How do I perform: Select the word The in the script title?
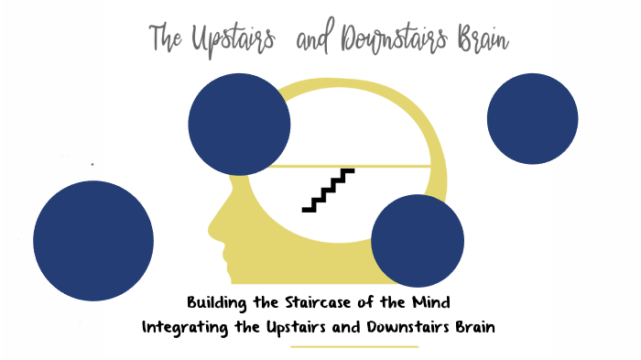(x=167, y=39)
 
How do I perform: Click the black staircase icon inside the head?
(x=328, y=190)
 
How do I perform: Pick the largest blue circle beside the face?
(x=93, y=240)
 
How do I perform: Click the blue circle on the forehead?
(x=239, y=124)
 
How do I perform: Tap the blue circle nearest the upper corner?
(x=532, y=118)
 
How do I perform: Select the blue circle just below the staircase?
(x=417, y=240)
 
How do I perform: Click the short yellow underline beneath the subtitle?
(x=353, y=347)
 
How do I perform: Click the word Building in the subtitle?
(x=214, y=301)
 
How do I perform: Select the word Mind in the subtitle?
(x=431, y=301)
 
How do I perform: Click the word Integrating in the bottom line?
(x=185, y=326)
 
